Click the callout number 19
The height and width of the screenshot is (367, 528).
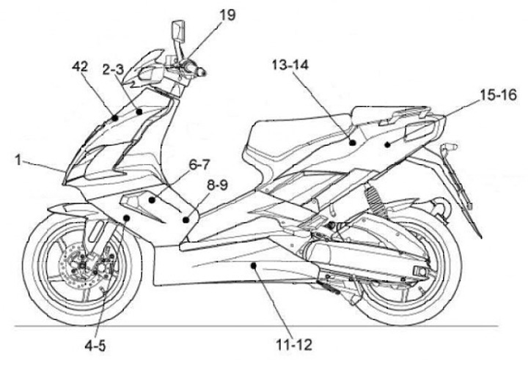click(x=227, y=15)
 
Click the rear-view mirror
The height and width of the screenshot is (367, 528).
click(x=177, y=32)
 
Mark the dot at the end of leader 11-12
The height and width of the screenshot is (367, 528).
click(x=254, y=269)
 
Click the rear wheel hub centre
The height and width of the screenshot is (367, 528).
click(x=420, y=272)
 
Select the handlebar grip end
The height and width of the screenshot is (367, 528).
click(x=201, y=73)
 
